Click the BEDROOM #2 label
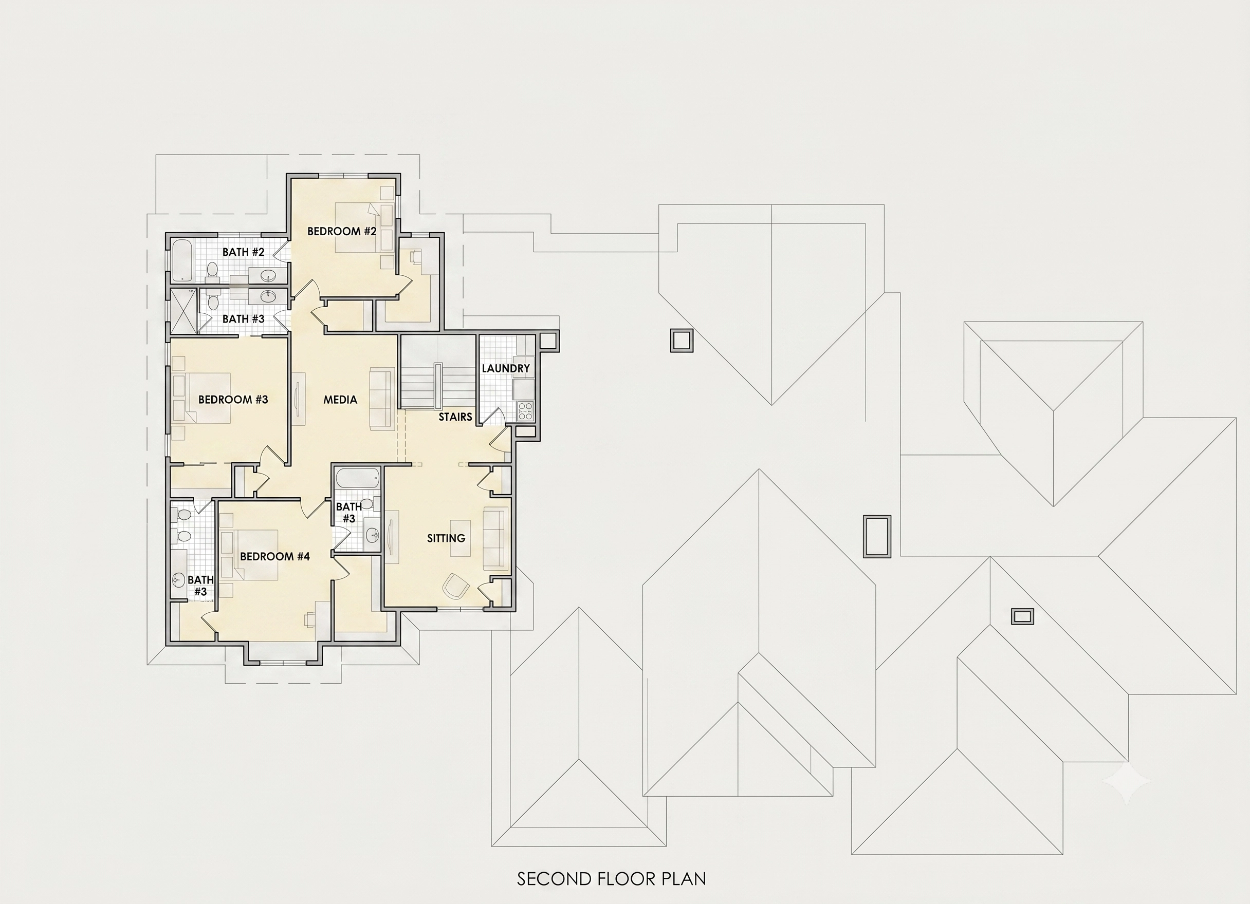(x=342, y=231)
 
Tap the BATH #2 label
(x=244, y=252)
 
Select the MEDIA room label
(x=340, y=400)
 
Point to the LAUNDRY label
(x=505, y=368)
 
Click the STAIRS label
(x=455, y=417)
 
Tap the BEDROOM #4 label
(x=274, y=556)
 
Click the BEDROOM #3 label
(x=233, y=400)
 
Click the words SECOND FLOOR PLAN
(x=611, y=879)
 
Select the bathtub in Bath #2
(x=181, y=260)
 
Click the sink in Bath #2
(x=268, y=275)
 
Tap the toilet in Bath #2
(x=212, y=269)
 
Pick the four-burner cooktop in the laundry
(x=525, y=411)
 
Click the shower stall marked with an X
(x=183, y=311)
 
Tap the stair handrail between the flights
(x=438, y=387)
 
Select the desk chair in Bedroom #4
(x=310, y=620)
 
